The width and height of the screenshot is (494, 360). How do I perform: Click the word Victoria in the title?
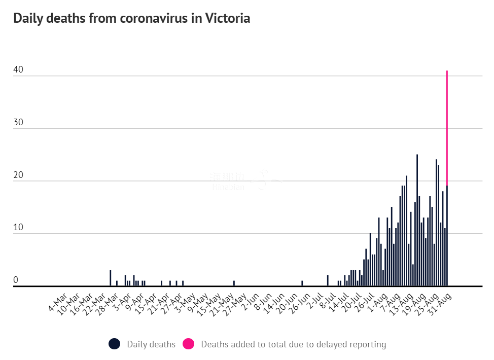coord(228,19)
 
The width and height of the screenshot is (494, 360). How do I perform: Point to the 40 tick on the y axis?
coord(18,70)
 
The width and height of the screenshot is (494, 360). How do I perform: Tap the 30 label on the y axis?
coord(18,123)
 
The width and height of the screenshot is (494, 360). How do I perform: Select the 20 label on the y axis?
coord(18,176)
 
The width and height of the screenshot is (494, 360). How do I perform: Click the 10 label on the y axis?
coord(18,228)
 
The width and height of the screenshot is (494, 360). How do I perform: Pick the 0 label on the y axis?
coord(16,280)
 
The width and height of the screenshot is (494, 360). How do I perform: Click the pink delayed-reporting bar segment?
coord(447,127)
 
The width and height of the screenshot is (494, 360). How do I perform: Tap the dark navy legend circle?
coord(115,344)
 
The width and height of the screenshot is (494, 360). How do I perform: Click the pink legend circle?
coord(188,344)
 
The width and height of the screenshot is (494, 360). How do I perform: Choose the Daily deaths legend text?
coord(151,344)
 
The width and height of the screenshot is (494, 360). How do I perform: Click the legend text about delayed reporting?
coord(293,344)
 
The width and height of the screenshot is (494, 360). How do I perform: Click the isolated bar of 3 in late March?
coord(111,278)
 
